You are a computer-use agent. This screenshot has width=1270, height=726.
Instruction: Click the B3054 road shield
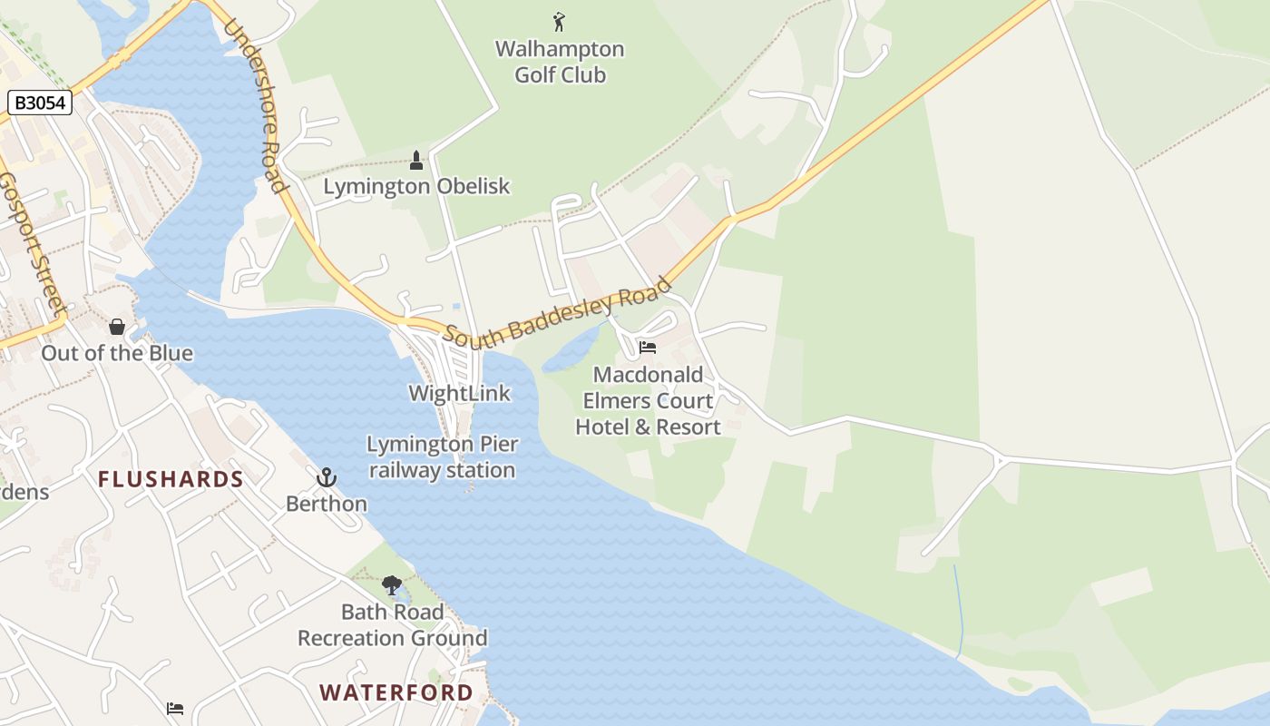click(x=41, y=103)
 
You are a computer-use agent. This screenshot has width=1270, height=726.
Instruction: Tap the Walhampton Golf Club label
click(x=560, y=62)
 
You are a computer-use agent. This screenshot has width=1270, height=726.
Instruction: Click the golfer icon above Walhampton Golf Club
click(x=559, y=21)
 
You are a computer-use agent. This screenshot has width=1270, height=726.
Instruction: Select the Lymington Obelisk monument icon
click(x=416, y=161)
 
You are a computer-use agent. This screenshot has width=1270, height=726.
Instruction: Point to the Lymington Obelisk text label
click(x=416, y=187)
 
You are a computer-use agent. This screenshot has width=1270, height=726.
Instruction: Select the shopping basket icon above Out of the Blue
click(x=117, y=327)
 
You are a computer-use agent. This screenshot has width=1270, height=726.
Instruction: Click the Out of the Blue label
click(x=117, y=353)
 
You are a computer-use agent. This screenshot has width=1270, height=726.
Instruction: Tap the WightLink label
click(x=460, y=393)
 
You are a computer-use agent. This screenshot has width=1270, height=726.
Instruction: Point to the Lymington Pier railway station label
click(x=443, y=457)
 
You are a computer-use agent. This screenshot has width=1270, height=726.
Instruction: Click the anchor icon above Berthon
click(x=326, y=477)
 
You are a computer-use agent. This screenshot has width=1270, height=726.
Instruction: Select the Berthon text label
click(x=327, y=504)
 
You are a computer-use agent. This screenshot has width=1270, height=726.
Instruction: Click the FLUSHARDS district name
click(x=171, y=479)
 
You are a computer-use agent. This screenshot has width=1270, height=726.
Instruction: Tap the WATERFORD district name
click(x=396, y=692)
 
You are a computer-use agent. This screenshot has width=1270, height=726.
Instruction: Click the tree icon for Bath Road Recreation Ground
click(x=392, y=585)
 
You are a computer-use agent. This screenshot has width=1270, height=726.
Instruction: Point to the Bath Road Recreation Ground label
click(x=393, y=625)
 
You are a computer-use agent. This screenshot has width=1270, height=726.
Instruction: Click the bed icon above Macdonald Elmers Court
click(x=648, y=348)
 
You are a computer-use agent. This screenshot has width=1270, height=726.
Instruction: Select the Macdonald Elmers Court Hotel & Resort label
click(x=649, y=400)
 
